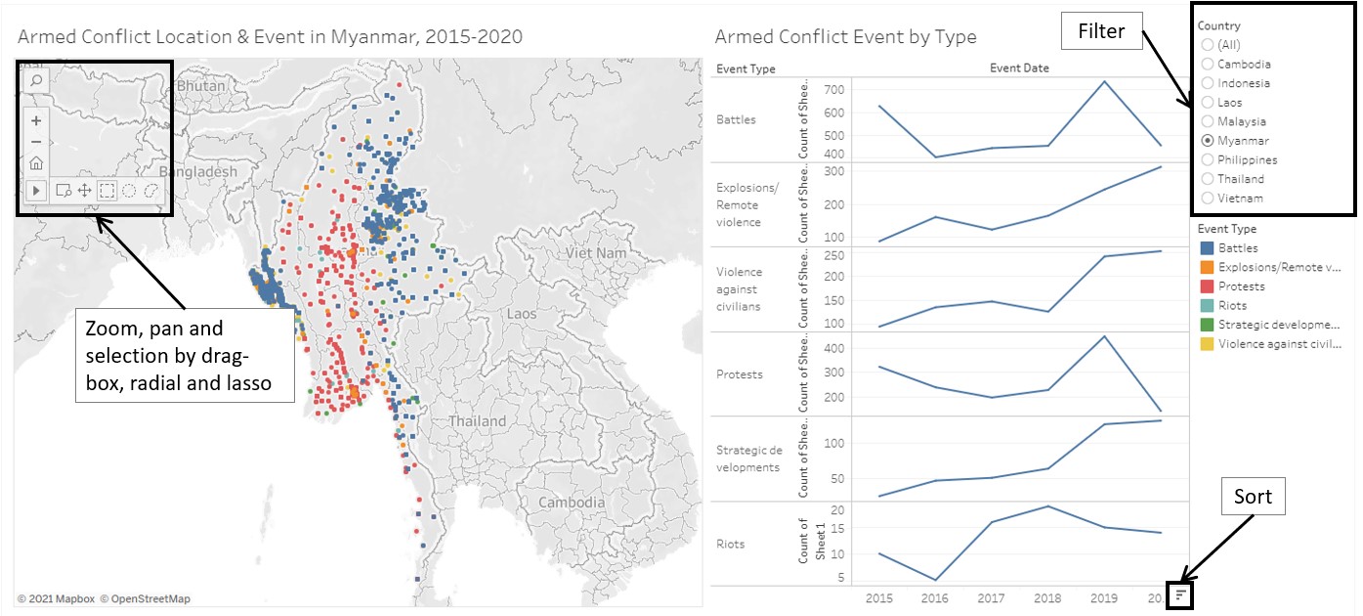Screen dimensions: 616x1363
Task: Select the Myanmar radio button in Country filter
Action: tap(1209, 141)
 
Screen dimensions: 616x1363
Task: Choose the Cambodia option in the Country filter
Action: tap(1209, 65)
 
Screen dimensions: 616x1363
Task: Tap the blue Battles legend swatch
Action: tap(1208, 248)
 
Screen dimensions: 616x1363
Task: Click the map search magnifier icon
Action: tap(36, 80)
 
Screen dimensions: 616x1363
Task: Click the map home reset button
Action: tap(36, 163)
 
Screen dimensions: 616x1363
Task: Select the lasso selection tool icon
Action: tap(151, 191)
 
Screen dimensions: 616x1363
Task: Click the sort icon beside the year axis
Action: tap(1181, 594)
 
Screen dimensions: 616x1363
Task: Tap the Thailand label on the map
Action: tap(477, 421)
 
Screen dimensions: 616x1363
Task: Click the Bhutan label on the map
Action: tap(200, 86)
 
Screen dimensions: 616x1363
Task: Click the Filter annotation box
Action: tap(1101, 33)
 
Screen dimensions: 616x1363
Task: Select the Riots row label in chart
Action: tap(731, 544)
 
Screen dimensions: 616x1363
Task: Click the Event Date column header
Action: tap(1019, 68)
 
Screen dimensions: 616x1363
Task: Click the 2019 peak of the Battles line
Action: tap(1103, 81)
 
